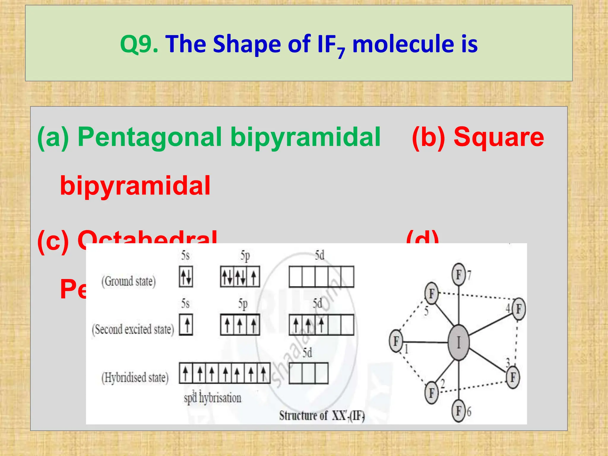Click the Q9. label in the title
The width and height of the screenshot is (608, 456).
[139, 44]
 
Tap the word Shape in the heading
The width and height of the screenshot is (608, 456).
[247, 44]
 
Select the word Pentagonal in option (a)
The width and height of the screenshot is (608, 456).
[149, 137]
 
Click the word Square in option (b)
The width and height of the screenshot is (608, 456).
[499, 137]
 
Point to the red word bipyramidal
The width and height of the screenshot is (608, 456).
[135, 186]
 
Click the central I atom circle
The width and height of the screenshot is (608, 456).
[459, 343]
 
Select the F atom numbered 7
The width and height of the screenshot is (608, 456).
[459, 275]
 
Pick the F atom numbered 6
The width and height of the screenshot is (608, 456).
[459, 411]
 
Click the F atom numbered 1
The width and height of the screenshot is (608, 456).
[396, 341]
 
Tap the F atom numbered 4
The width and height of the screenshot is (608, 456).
[519, 309]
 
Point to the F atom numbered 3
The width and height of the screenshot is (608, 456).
[513, 377]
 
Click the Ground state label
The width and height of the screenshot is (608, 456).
[129, 281]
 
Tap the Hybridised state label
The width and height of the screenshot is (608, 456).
[135, 378]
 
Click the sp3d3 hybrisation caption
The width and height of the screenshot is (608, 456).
[212, 398]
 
